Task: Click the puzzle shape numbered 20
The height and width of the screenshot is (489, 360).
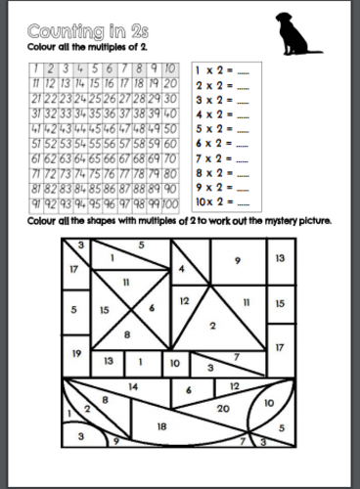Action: (x=223, y=408)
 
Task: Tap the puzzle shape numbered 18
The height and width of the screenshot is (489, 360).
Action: (x=161, y=426)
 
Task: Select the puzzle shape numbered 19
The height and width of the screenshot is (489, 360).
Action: (x=74, y=352)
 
